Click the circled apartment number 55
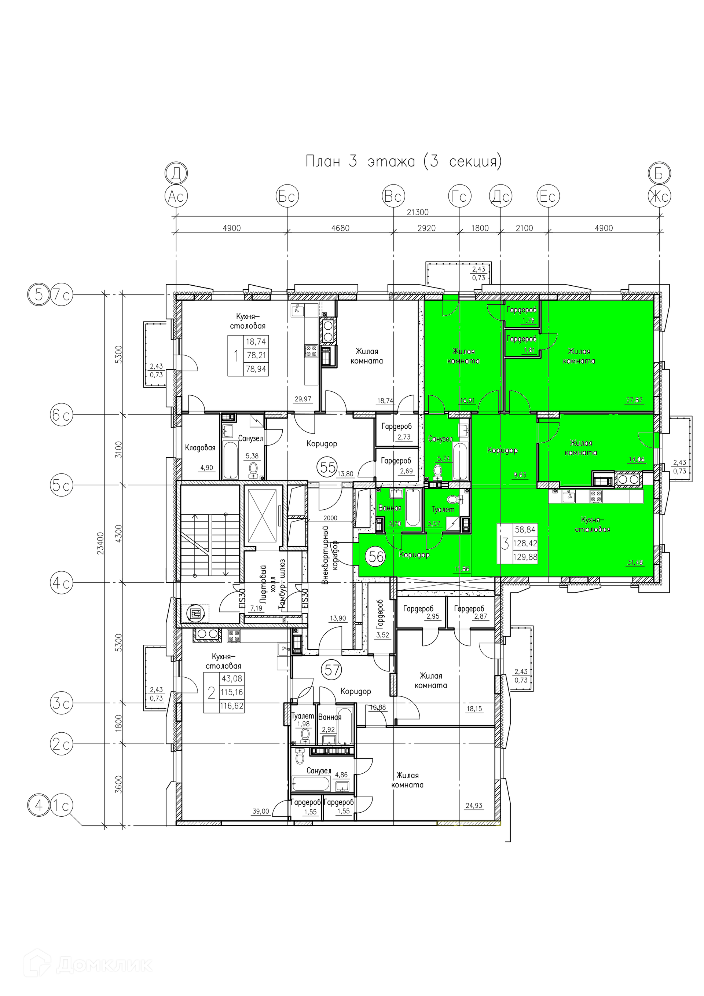[327, 467]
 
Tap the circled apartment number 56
[376, 557]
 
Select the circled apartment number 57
[332, 670]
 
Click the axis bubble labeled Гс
[459, 197]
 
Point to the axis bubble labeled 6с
[61, 415]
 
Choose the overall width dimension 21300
[417, 212]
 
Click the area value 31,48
[635, 563]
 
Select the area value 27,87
[634, 400]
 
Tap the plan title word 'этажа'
[391, 161]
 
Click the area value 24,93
[474, 806]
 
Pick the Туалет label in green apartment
[443, 509]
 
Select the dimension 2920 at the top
[426, 228]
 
